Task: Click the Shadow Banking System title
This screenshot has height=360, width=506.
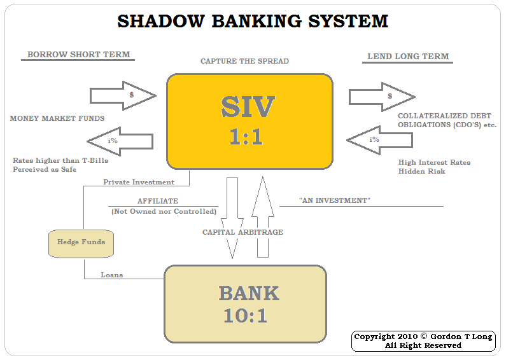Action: pyautogui.click(x=253, y=21)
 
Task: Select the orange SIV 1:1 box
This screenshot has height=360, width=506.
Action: pyautogui.click(x=249, y=121)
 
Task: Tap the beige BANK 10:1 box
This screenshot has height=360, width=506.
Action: pyautogui.click(x=245, y=304)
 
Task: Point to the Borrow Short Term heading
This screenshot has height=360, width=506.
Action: pyautogui.click(x=78, y=55)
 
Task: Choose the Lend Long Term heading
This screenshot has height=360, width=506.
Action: pyautogui.click(x=408, y=57)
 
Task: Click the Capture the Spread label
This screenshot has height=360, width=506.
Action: pyautogui.click(x=244, y=62)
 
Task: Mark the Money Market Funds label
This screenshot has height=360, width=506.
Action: pyautogui.click(x=57, y=119)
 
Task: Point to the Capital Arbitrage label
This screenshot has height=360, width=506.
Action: pyautogui.click(x=242, y=233)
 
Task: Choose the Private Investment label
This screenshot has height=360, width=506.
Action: pyautogui.click(x=139, y=183)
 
